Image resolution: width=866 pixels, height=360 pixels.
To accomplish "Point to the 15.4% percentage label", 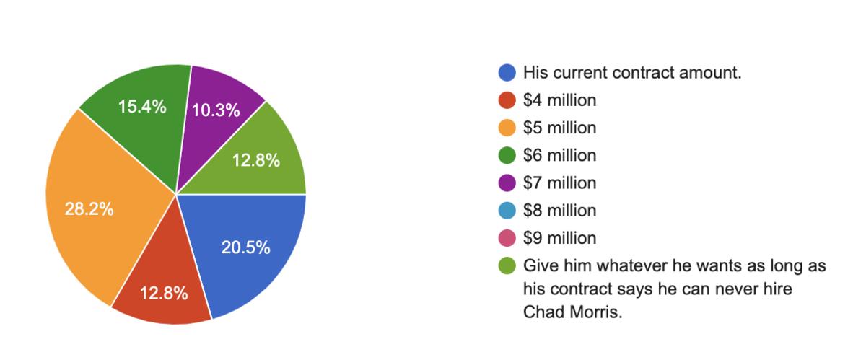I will [x=142, y=107].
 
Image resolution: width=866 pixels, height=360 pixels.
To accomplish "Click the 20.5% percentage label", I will [x=245, y=248].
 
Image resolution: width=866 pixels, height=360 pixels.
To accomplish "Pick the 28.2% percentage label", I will [x=89, y=210].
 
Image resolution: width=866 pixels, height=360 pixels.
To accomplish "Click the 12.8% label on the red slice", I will [x=164, y=294].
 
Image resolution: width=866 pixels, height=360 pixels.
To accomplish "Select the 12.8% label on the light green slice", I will [x=255, y=161].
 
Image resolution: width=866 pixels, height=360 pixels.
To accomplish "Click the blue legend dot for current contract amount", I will [x=507, y=73].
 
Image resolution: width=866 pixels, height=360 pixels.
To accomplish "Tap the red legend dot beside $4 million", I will [x=507, y=100].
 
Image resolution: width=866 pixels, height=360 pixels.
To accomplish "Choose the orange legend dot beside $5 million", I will [x=507, y=128].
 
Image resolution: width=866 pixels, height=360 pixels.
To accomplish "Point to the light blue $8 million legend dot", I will [x=507, y=211].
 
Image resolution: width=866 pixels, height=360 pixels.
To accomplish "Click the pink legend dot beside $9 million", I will [x=507, y=238].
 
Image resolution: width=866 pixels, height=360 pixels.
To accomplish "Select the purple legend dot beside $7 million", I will [x=507, y=183].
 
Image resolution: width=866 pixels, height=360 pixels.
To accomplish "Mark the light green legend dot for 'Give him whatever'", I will [x=507, y=266].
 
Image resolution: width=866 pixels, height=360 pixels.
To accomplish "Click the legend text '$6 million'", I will [x=560, y=155].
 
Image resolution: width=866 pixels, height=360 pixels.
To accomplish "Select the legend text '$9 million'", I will [x=560, y=238].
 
